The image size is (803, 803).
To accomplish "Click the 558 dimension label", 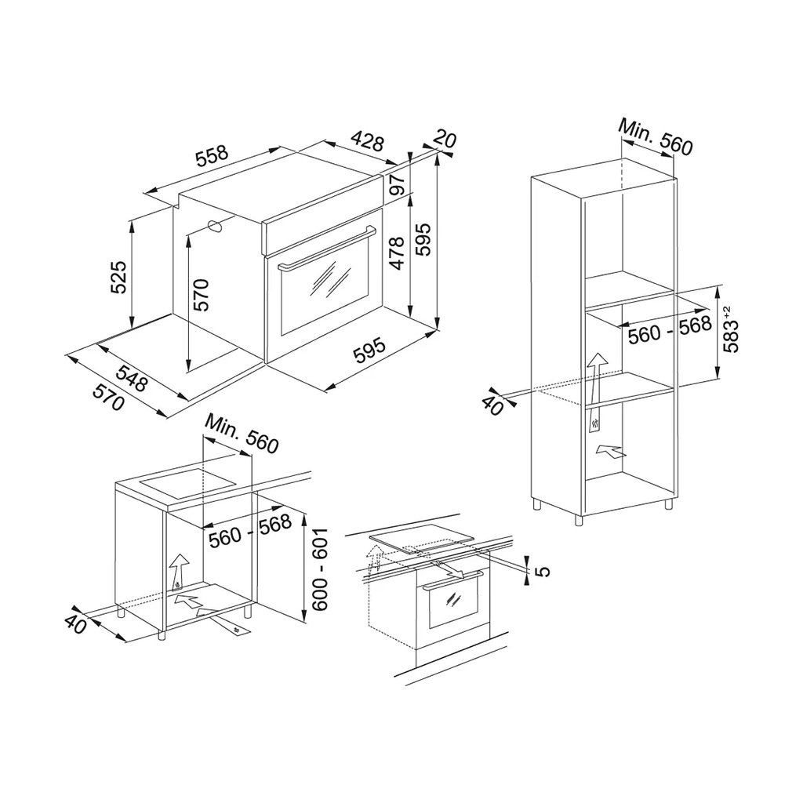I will coord(212,155).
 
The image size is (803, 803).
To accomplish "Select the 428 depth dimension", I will coord(367,142).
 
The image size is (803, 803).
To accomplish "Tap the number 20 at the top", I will coord(445,140).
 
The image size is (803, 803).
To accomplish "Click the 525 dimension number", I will coord(118,278).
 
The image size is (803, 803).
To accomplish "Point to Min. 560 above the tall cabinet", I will coord(656,137).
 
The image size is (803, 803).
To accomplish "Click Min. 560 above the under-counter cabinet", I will coord(242,434).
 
